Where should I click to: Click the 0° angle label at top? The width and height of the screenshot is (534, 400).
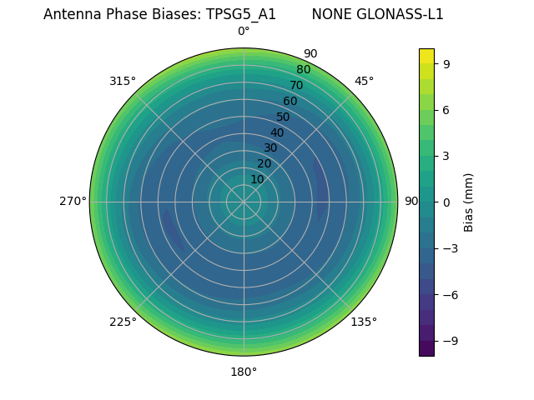[244, 32]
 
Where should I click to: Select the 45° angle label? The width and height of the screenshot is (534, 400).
[364, 81]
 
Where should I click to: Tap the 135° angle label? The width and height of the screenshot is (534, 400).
[364, 322]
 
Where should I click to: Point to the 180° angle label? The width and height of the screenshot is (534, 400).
[244, 372]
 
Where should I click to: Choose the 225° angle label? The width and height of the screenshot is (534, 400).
[123, 322]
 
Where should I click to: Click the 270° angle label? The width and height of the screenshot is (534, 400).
[73, 202]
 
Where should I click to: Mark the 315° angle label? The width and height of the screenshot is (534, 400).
[123, 81]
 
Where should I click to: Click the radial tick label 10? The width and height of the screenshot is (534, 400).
[257, 179]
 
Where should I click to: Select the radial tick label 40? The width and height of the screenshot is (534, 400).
[277, 132]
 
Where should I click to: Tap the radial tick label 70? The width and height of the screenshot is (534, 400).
[296, 85]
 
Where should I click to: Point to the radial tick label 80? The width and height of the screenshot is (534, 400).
[303, 69]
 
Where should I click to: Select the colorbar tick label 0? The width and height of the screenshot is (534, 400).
[446, 202]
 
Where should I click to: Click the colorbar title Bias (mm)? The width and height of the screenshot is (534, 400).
[469, 202]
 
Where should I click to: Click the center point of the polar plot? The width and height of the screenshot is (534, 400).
[244, 202]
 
